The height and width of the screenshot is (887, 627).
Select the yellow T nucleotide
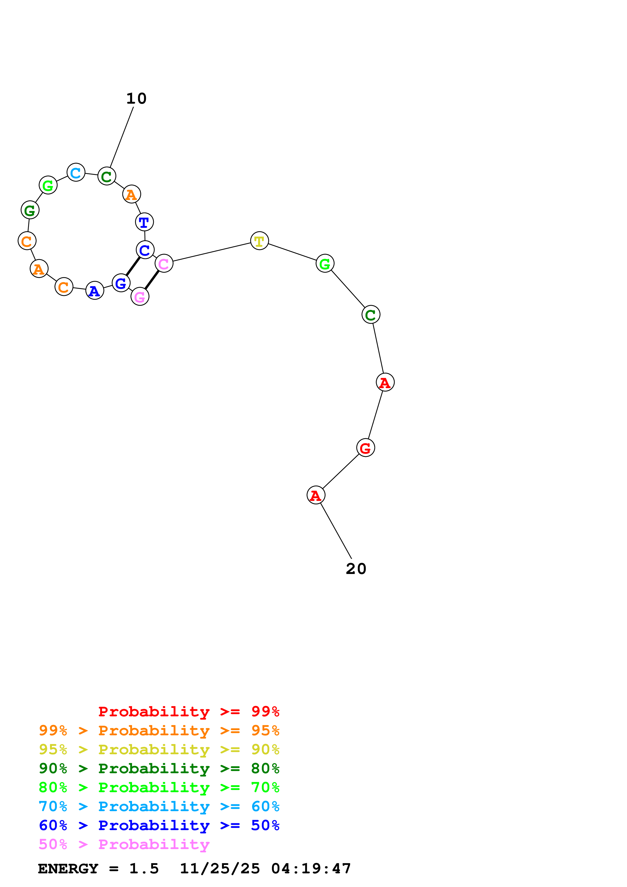pyautogui.click(x=259, y=241)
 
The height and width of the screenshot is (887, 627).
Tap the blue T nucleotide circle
pyautogui.click(x=144, y=222)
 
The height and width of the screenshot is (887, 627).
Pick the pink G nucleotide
pyautogui.click(x=140, y=296)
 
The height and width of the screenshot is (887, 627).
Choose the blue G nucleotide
pyautogui.click(x=121, y=283)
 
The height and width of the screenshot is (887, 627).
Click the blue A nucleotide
pyautogui.click(x=95, y=291)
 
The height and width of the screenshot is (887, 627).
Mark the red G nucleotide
pyautogui.click(x=365, y=448)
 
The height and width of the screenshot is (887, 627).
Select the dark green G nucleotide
pyautogui.click(x=30, y=210)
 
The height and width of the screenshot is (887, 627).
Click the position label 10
pyautogui.click(x=136, y=99)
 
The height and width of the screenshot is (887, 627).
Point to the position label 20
pyautogui.click(x=356, y=569)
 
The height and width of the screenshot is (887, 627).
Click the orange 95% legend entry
pyautogui.click(x=159, y=730)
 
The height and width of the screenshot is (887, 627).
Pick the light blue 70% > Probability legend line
pyautogui.click(x=159, y=806)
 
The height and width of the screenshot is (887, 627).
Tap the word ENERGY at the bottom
pyautogui.click(x=68, y=869)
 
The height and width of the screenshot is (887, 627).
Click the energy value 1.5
pyautogui.click(x=144, y=869)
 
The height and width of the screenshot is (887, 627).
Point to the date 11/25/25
pyautogui.click(x=220, y=869)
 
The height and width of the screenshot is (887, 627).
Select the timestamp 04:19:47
pyautogui.click(x=311, y=869)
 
